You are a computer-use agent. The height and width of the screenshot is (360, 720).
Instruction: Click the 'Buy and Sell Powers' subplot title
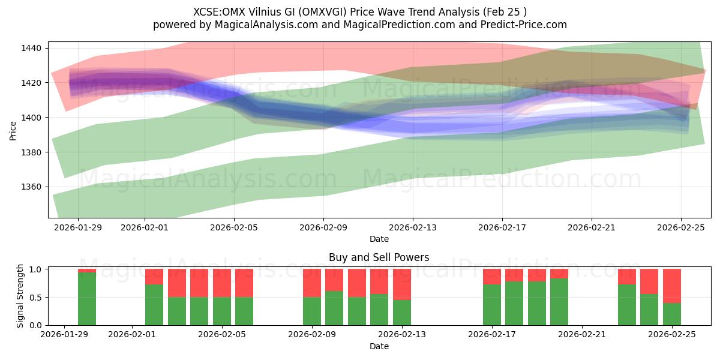[x=379, y=257]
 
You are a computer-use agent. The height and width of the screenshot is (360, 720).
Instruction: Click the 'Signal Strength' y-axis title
[x=20, y=296]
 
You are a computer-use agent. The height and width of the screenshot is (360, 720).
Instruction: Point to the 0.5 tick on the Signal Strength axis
[x=35, y=298]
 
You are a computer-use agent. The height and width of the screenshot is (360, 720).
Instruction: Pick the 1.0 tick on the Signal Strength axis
[x=35, y=269]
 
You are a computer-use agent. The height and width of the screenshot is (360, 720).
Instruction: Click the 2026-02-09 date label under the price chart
[x=323, y=228]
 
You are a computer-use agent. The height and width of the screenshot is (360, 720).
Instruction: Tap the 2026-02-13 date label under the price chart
[x=413, y=228]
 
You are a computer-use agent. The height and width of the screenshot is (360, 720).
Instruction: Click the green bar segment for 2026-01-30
[x=87, y=299]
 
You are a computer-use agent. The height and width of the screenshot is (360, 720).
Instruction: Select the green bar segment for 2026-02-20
[x=559, y=301]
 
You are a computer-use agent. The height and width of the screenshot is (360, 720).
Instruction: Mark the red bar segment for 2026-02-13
[x=402, y=284]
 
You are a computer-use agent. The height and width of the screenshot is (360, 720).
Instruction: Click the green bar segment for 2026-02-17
[x=492, y=304]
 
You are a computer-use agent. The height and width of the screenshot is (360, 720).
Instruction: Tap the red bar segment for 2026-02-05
[x=222, y=283]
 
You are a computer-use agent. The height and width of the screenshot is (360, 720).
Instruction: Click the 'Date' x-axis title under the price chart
[x=379, y=239]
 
